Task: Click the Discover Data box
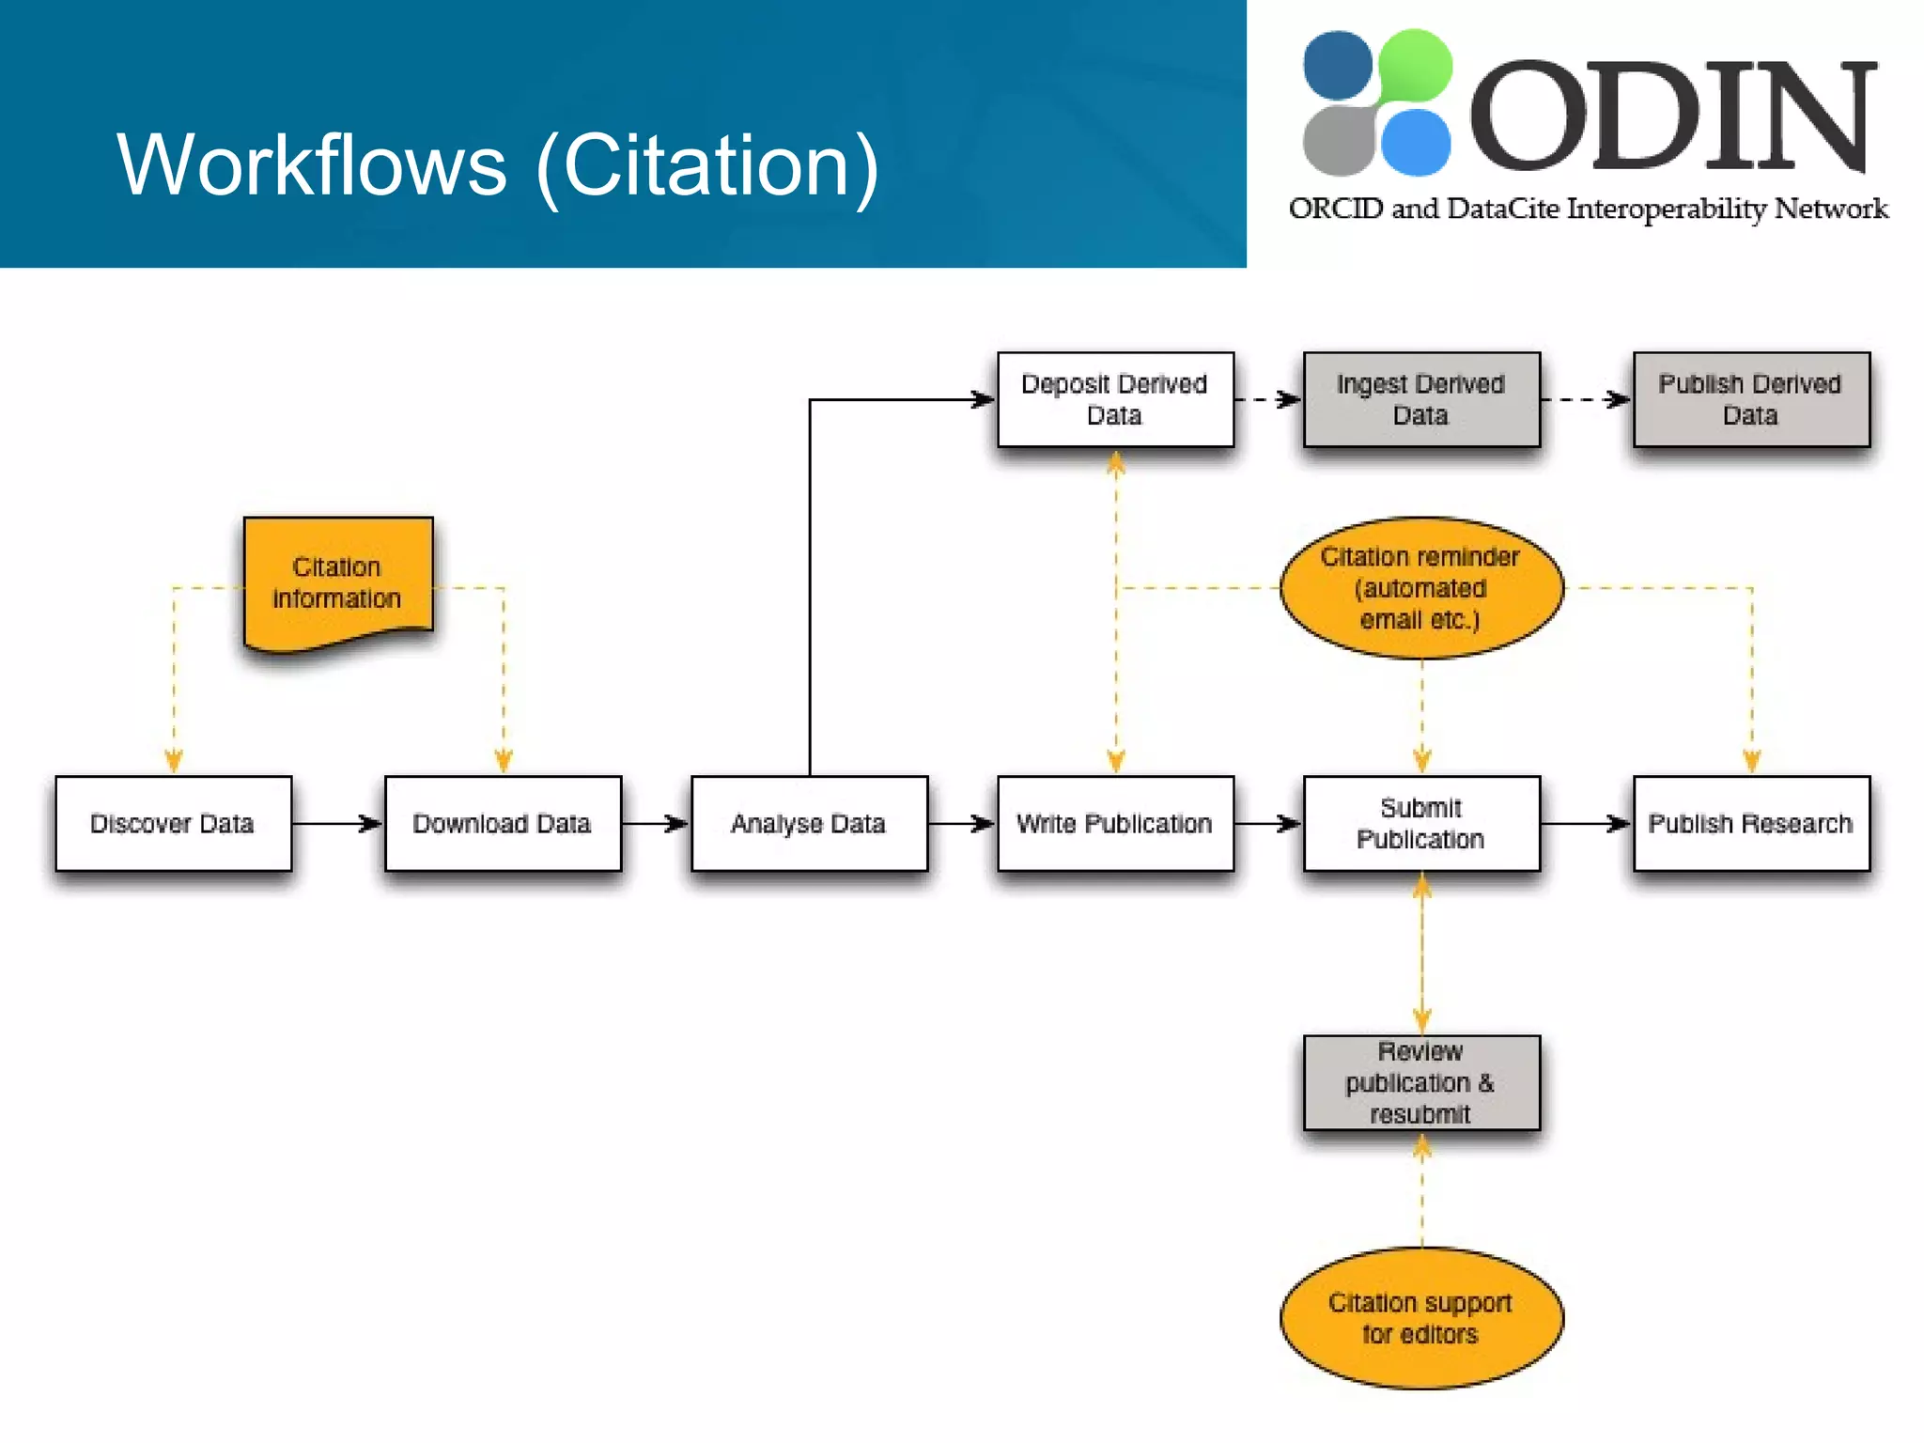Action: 173,823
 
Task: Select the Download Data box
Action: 503,823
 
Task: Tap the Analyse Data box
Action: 809,823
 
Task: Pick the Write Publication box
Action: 1115,823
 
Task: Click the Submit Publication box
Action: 1421,823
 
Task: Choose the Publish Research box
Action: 1751,823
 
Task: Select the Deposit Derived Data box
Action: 1115,399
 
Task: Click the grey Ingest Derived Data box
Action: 1421,399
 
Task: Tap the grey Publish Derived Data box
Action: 1751,399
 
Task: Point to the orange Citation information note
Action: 337,582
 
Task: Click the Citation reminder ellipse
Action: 1421,588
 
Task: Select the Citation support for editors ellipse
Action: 1421,1317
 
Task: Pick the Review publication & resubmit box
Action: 1421,1082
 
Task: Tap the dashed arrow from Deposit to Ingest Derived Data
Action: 1268,399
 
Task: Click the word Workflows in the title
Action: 311,165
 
